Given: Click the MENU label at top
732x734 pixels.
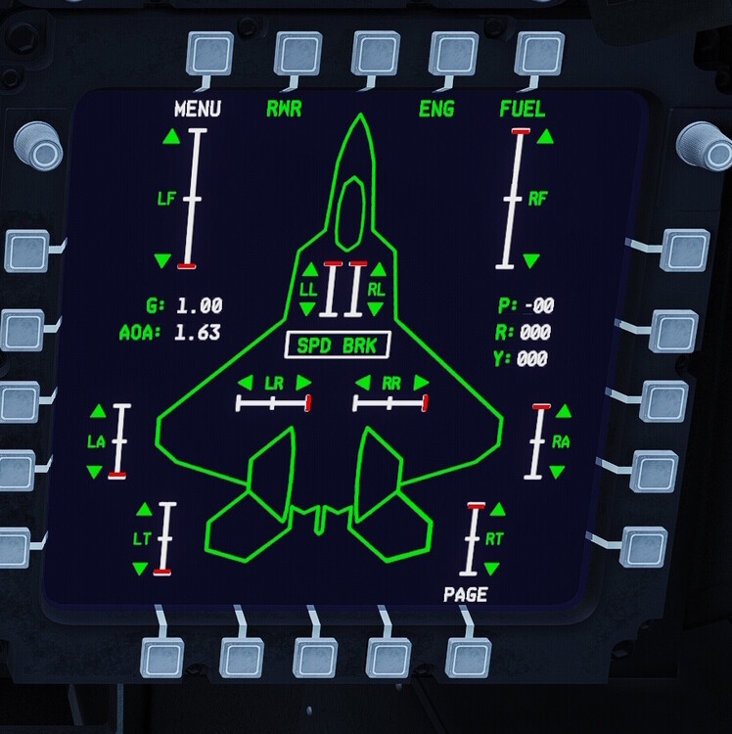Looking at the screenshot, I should [197, 109].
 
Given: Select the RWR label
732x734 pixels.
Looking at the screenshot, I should [284, 109].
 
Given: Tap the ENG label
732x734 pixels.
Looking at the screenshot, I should [436, 109].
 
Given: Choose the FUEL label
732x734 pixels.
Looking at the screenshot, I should [522, 109].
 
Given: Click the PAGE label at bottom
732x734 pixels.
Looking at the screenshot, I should [465, 594].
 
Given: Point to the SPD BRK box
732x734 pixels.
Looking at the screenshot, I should [337, 344].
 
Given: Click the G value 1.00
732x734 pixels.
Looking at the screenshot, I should [199, 305].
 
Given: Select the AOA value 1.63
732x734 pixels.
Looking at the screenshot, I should [198, 333].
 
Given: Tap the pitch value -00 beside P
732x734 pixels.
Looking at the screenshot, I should [538, 305].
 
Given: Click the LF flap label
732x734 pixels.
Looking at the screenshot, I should [166, 199].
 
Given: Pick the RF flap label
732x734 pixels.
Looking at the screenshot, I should [537, 199].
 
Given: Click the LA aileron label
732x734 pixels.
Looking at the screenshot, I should [96, 441].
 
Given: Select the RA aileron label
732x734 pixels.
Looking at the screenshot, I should [561, 441].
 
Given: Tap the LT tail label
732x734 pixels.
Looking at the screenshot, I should [142, 538].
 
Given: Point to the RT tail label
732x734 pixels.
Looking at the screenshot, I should [494, 538].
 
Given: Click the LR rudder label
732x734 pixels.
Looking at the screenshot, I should [274, 382].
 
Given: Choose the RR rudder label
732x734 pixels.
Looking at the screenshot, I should [391, 382].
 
